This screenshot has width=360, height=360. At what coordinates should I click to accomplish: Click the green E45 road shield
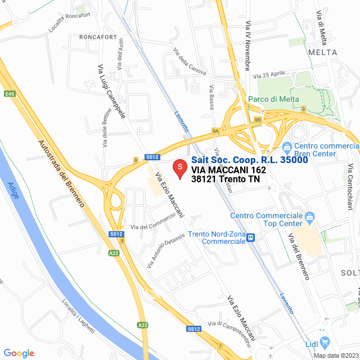point(9,93)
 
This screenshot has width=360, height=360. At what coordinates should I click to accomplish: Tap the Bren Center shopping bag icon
point(286,147)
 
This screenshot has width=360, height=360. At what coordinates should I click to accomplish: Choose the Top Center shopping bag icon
point(309,216)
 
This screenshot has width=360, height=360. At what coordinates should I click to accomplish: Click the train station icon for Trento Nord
point(251,237)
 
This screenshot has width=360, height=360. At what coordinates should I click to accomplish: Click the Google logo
point(19,353)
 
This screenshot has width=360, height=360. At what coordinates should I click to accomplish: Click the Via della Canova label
point(190,61)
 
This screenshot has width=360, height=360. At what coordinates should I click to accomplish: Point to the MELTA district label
point(323,52)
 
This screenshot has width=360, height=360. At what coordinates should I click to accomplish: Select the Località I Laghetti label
point(78,316)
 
